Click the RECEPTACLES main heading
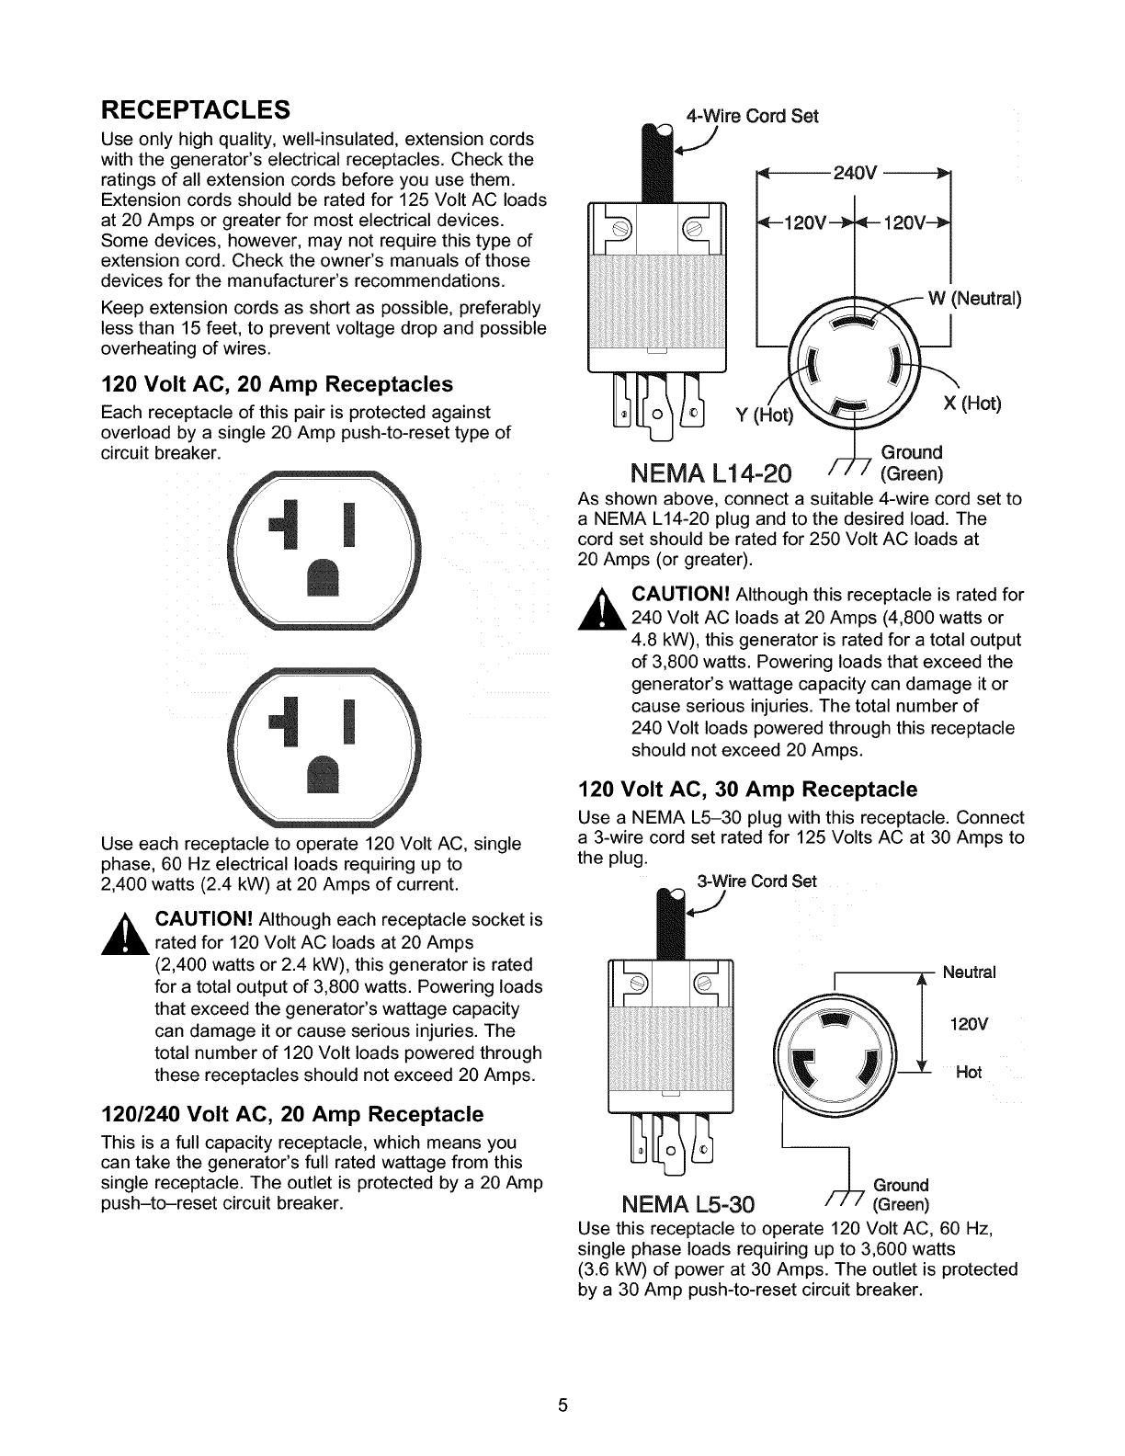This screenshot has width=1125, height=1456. click(196, 109)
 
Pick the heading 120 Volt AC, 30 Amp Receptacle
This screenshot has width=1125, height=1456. click(747, 790)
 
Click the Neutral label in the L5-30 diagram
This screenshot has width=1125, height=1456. click(969, 973)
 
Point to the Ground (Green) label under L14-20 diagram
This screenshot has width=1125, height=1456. click(911, 462)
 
